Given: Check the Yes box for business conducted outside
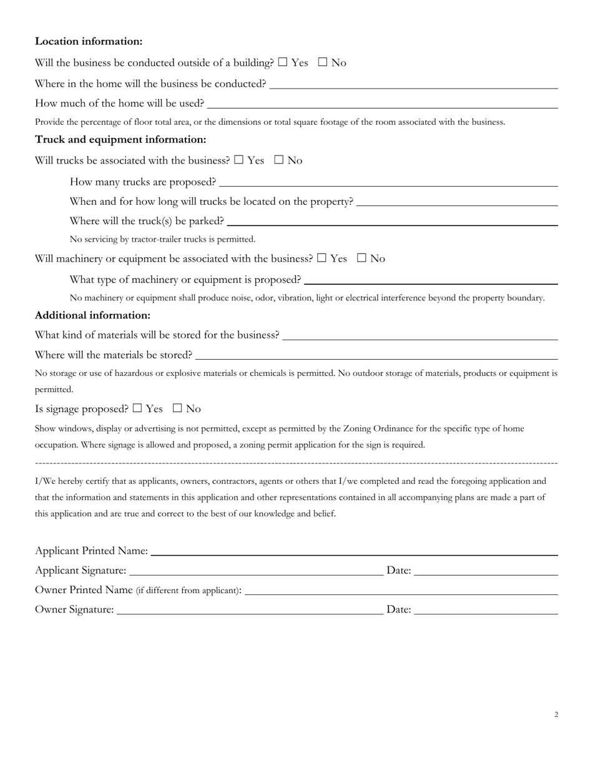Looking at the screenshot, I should tap(283, 62).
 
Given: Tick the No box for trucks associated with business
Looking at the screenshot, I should tap(279, 160).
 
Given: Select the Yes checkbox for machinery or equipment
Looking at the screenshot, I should tap(322, 258).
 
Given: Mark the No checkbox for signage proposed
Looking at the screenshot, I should tap(177, 408).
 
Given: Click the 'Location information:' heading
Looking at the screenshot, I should tap(89, 41).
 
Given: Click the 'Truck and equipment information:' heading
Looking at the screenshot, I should tap(120, 139).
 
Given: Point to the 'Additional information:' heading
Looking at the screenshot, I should tap(92, 315).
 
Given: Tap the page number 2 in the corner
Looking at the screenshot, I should tap(556, 714).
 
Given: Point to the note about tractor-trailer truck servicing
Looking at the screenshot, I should tap(162, 239).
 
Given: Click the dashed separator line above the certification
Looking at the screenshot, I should tap(296, 463).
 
